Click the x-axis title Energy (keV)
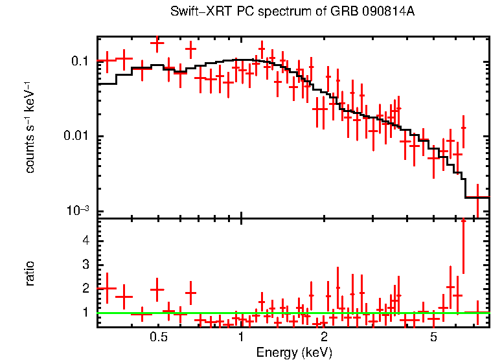coord(294,352)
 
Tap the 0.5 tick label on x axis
coord(159,337)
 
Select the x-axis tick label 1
coord(241,337)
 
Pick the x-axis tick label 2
coord(324,337)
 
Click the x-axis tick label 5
coord(433,337)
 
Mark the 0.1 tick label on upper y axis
coord(79,62)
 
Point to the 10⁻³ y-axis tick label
coord(78,210)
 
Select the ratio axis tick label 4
coord(84,241)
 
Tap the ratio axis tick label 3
coord(84,265)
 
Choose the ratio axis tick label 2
coord(84,289)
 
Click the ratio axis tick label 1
coord(84,313)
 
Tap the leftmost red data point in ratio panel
coord(107,288)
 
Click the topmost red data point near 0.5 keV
coord(157,43)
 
